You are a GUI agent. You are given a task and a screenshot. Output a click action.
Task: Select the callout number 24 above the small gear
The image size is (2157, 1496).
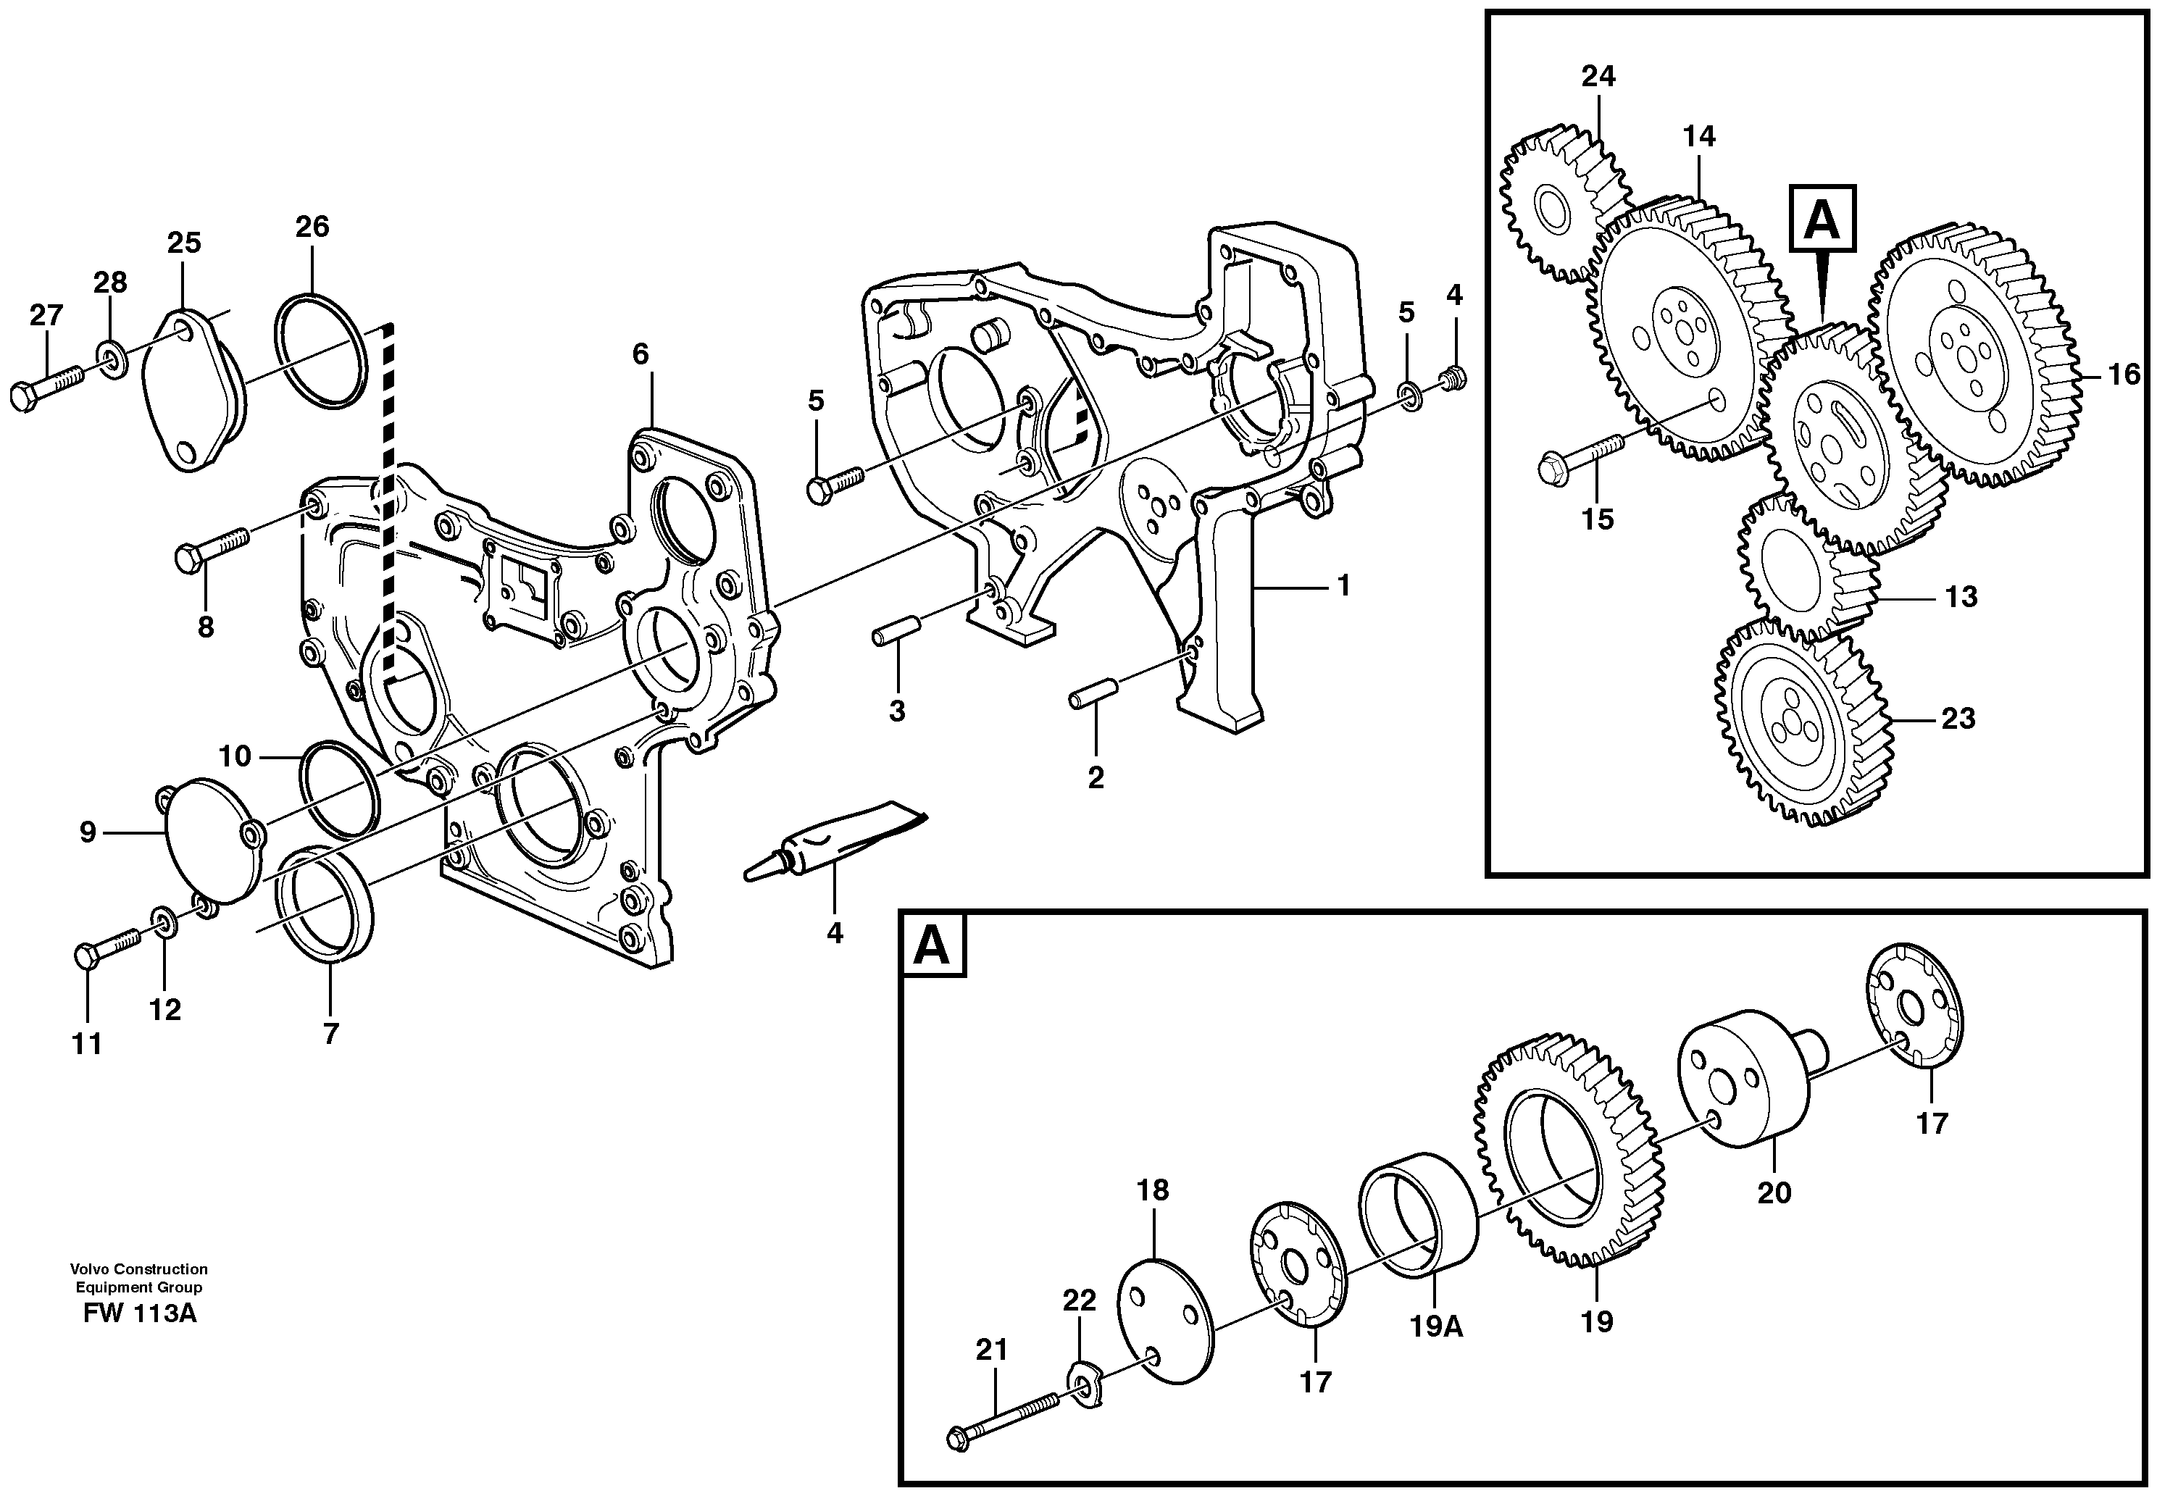pos(1598,77)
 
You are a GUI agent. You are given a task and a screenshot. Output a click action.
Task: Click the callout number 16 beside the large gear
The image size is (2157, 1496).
pos(2124,375)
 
